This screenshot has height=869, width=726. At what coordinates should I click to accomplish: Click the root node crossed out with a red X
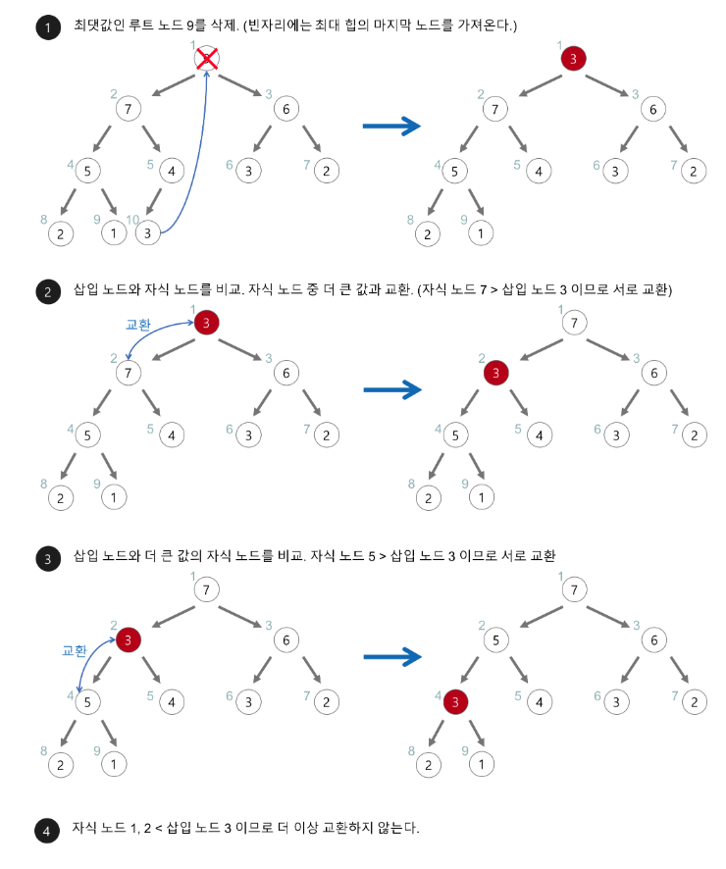[206, 60]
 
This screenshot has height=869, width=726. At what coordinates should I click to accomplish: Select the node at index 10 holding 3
[147, 233]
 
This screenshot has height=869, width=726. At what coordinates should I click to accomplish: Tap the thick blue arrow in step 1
[391, 126]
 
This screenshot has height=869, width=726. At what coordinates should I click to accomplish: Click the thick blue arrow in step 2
[391, 390]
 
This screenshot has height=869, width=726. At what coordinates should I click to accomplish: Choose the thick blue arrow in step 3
[391, 658]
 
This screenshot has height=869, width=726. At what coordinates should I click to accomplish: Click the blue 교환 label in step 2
[138, 323]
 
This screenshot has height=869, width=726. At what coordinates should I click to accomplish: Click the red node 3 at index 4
[455, 701]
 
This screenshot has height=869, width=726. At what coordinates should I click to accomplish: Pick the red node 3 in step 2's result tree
[496, 372]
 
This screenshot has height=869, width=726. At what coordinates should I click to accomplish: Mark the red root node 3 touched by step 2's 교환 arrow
[206, 322]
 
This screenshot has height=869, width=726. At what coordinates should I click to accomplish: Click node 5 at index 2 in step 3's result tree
[496, 639]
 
